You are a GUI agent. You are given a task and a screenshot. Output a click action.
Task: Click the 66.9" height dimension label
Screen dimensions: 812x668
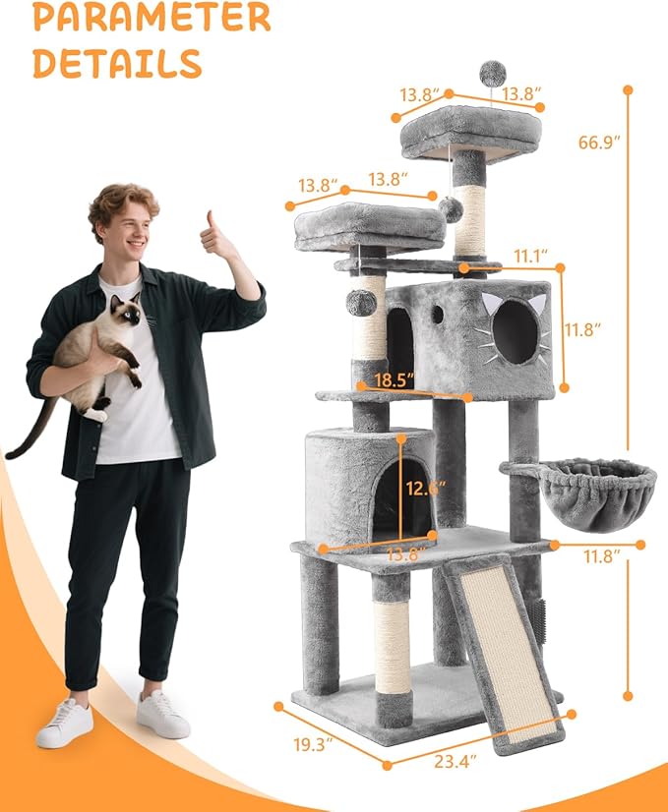(599, 142)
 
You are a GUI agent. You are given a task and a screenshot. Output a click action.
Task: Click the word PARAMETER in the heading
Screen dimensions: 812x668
(151, 19)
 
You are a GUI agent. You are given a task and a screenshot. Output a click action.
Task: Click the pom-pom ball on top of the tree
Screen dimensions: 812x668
(492, 73)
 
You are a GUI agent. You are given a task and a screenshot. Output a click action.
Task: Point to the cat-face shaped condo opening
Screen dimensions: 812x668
(516, 333)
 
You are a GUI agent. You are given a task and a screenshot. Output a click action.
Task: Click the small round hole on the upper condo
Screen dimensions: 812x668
(437, 314)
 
